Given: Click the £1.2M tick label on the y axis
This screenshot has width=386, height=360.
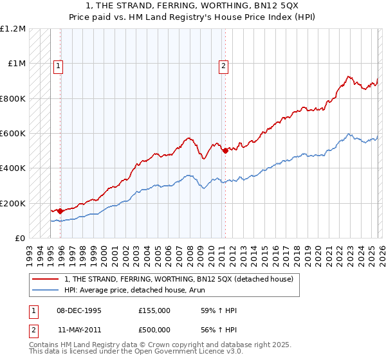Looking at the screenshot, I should pos(12,29).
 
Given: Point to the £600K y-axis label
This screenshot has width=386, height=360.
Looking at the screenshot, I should pos(12,134).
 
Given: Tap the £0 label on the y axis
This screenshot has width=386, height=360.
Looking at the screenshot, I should pos(19,239).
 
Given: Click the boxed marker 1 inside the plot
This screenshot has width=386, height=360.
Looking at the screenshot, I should pos(58,65).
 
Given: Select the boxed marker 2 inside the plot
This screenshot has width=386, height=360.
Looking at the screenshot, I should pos(223,65).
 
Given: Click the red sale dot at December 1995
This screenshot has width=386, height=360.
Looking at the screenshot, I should pos(60,211).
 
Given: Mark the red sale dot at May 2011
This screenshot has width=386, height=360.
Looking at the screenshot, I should pos(225,150).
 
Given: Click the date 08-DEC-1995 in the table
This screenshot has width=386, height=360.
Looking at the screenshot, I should pos(79,310).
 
